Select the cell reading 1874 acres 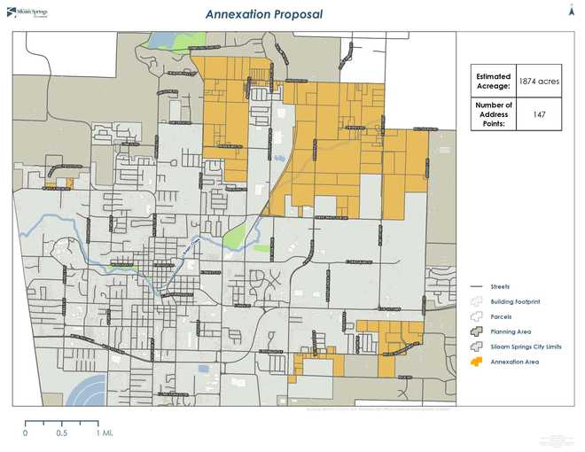[x=539, y=82]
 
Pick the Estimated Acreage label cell [x=494, y=82]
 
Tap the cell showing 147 [x=539, y=114]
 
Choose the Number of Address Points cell [x=494, y=114]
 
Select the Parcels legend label [x=502, y=316]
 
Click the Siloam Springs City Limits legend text [x=526, y=347]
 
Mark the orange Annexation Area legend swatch [x=475, y=362]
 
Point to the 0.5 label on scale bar [x=61, y=433]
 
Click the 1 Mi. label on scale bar [x=105, y=433]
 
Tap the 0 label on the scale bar [x=25, y=433]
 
